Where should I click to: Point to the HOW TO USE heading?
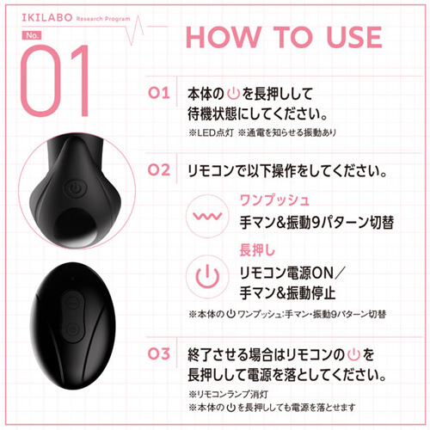click(x=284, y=38)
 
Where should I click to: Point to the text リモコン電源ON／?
click(x=293, y=273)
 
